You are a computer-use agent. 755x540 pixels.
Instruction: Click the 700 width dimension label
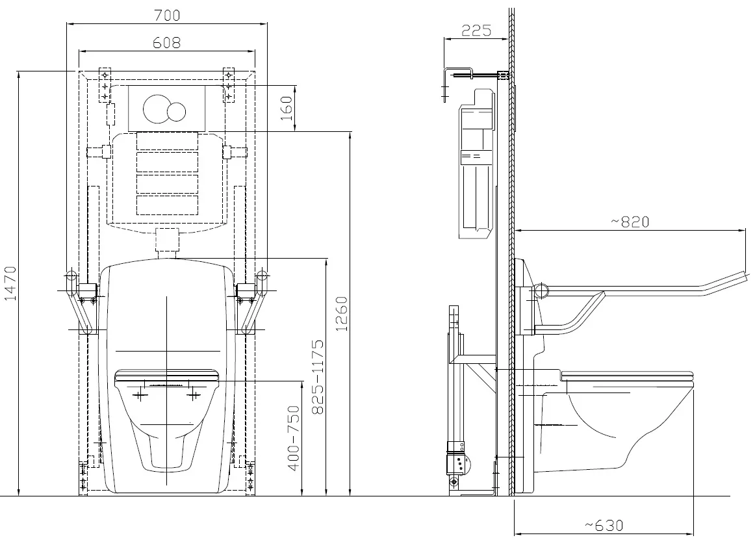(x=167, y=16)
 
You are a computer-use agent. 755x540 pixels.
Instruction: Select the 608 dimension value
(x=166, y=43)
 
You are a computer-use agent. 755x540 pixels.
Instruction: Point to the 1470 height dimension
(x=10, y=283)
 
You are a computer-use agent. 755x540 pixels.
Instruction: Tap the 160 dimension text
(x=287, y=109)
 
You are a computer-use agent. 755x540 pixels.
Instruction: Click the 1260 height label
(x=341, y=314)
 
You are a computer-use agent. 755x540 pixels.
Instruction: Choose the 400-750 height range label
(x=293, y=439)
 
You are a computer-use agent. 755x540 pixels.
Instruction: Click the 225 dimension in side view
(x=476, y=31)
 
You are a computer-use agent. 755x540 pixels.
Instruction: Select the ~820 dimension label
(x=630, y=222)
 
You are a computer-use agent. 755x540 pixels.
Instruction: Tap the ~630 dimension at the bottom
(x=604, y=525)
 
